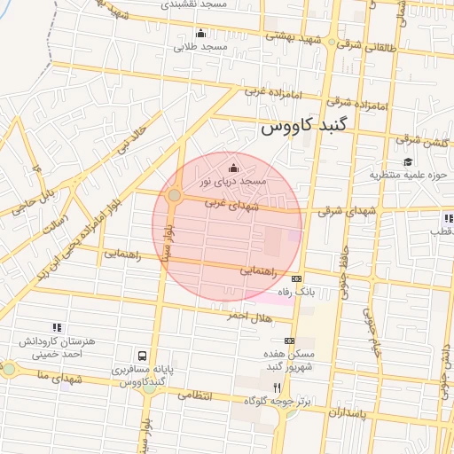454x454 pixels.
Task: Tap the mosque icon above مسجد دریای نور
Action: coord(233,168)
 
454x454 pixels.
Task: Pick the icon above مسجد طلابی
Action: coord(200,35)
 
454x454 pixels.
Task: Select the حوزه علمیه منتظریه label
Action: coord(405,175)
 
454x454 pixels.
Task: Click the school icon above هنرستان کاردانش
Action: coord(58,328)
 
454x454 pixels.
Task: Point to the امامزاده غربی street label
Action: coord(261,92)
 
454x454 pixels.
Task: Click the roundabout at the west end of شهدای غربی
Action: coord(175,195)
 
